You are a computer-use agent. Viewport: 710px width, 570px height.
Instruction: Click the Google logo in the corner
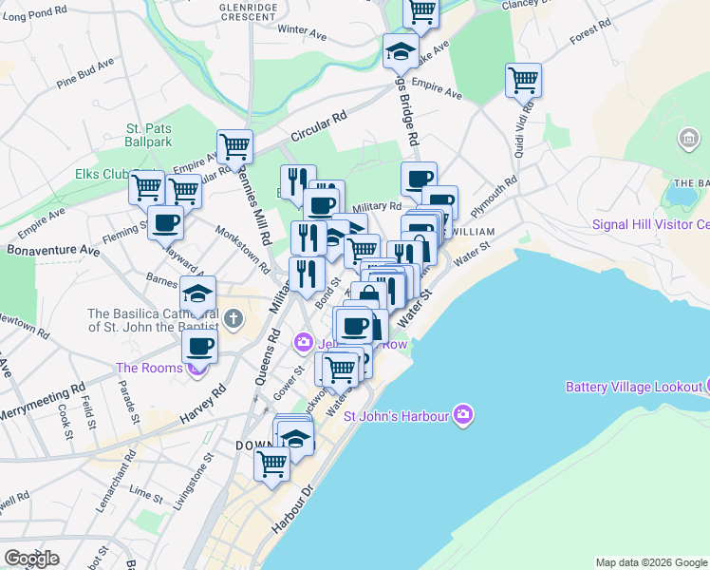[x=31, y=559]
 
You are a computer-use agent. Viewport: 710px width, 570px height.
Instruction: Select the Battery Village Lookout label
[x=631, y=387]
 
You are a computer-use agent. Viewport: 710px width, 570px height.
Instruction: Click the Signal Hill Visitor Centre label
[x=650, y=225]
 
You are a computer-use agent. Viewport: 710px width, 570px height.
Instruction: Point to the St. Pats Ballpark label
[x=149, y=135]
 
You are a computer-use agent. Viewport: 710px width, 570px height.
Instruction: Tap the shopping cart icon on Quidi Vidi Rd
[x=523, y=81]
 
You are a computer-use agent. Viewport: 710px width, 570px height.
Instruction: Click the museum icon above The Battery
[x=688, y=142]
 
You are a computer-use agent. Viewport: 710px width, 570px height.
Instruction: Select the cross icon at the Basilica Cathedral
[x=234, y=317]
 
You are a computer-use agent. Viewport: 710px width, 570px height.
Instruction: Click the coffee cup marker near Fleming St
[x=165, y=222]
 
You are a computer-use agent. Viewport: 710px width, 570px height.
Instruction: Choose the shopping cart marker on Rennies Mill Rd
[x=234, y=147]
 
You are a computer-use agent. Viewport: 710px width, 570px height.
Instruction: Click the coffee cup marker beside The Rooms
[x=199, y=346]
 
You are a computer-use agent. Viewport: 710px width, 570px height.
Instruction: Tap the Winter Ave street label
[x=302, y=31]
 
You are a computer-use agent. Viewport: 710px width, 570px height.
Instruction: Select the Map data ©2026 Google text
[x=651, y=562]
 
